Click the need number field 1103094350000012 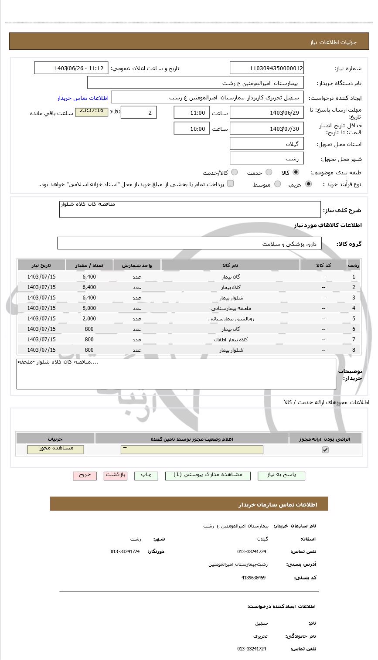point(267,68)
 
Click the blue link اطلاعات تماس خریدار point(83,98)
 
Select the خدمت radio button point(269,173)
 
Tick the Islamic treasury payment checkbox point(230,184)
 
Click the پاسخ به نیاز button point(281,476)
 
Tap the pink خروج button point(85,476)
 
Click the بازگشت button point(116,476)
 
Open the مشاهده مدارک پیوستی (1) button point(208,476)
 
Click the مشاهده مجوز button point(55,449)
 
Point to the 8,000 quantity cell point(89,308)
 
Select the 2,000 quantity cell point(89,319)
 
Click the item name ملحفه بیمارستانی point(230,308)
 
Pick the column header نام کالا point(230,265)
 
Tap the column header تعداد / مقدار point(89,265)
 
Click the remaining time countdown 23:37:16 point(92,112)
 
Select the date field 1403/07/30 point(267,129)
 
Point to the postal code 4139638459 point(253,578)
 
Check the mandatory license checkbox point(325,450)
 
